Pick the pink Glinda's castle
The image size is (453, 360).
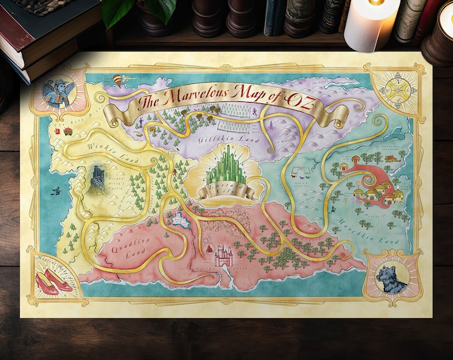(x=222, y=255)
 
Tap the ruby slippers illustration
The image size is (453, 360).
(x=55, y=279)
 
